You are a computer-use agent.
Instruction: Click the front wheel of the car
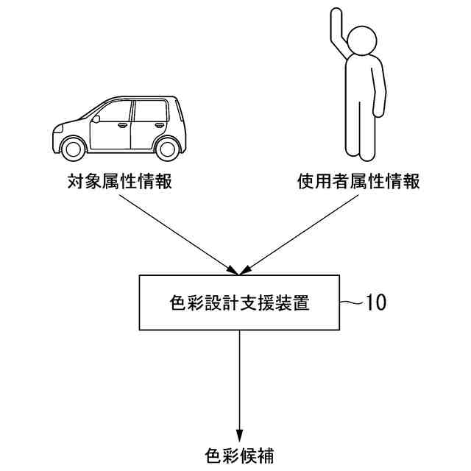pyautogui.click(x=74, y=148)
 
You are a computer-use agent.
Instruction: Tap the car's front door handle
pyautogui.click(x=123, y=125)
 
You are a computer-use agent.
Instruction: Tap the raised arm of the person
pyautogui.click(x=339, y=33)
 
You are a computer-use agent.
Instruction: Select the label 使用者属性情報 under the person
pyautogui.click(x=359, y=182)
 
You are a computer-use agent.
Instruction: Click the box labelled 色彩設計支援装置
pyautogui.click(x=239, y=302)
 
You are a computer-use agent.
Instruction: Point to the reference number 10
pyautogui.click(x=375, y=302)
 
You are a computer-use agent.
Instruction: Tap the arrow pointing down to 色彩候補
pyautogui.click(x=239, y=383)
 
